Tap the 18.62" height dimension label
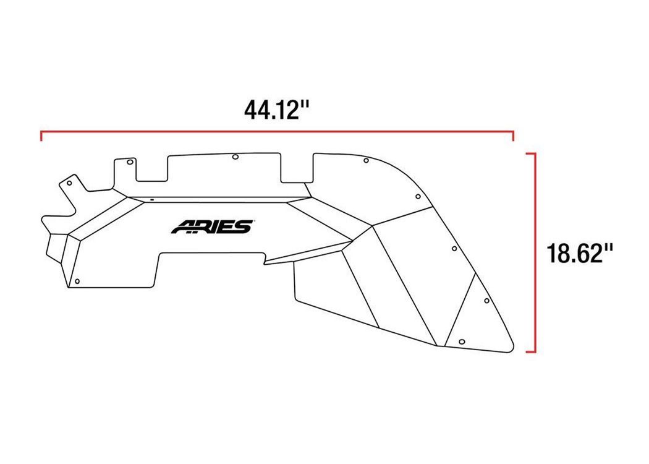tap(580, 253)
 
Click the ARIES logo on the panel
tap(212, 226)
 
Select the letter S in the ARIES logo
tap(244, 226)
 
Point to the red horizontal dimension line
tap(277, 132)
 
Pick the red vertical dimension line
tap(535, 252)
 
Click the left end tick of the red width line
tap(41, 136)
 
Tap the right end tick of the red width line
tap(513, 136)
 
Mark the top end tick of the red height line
tap(530, 153)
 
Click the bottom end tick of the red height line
tap(530, 352)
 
